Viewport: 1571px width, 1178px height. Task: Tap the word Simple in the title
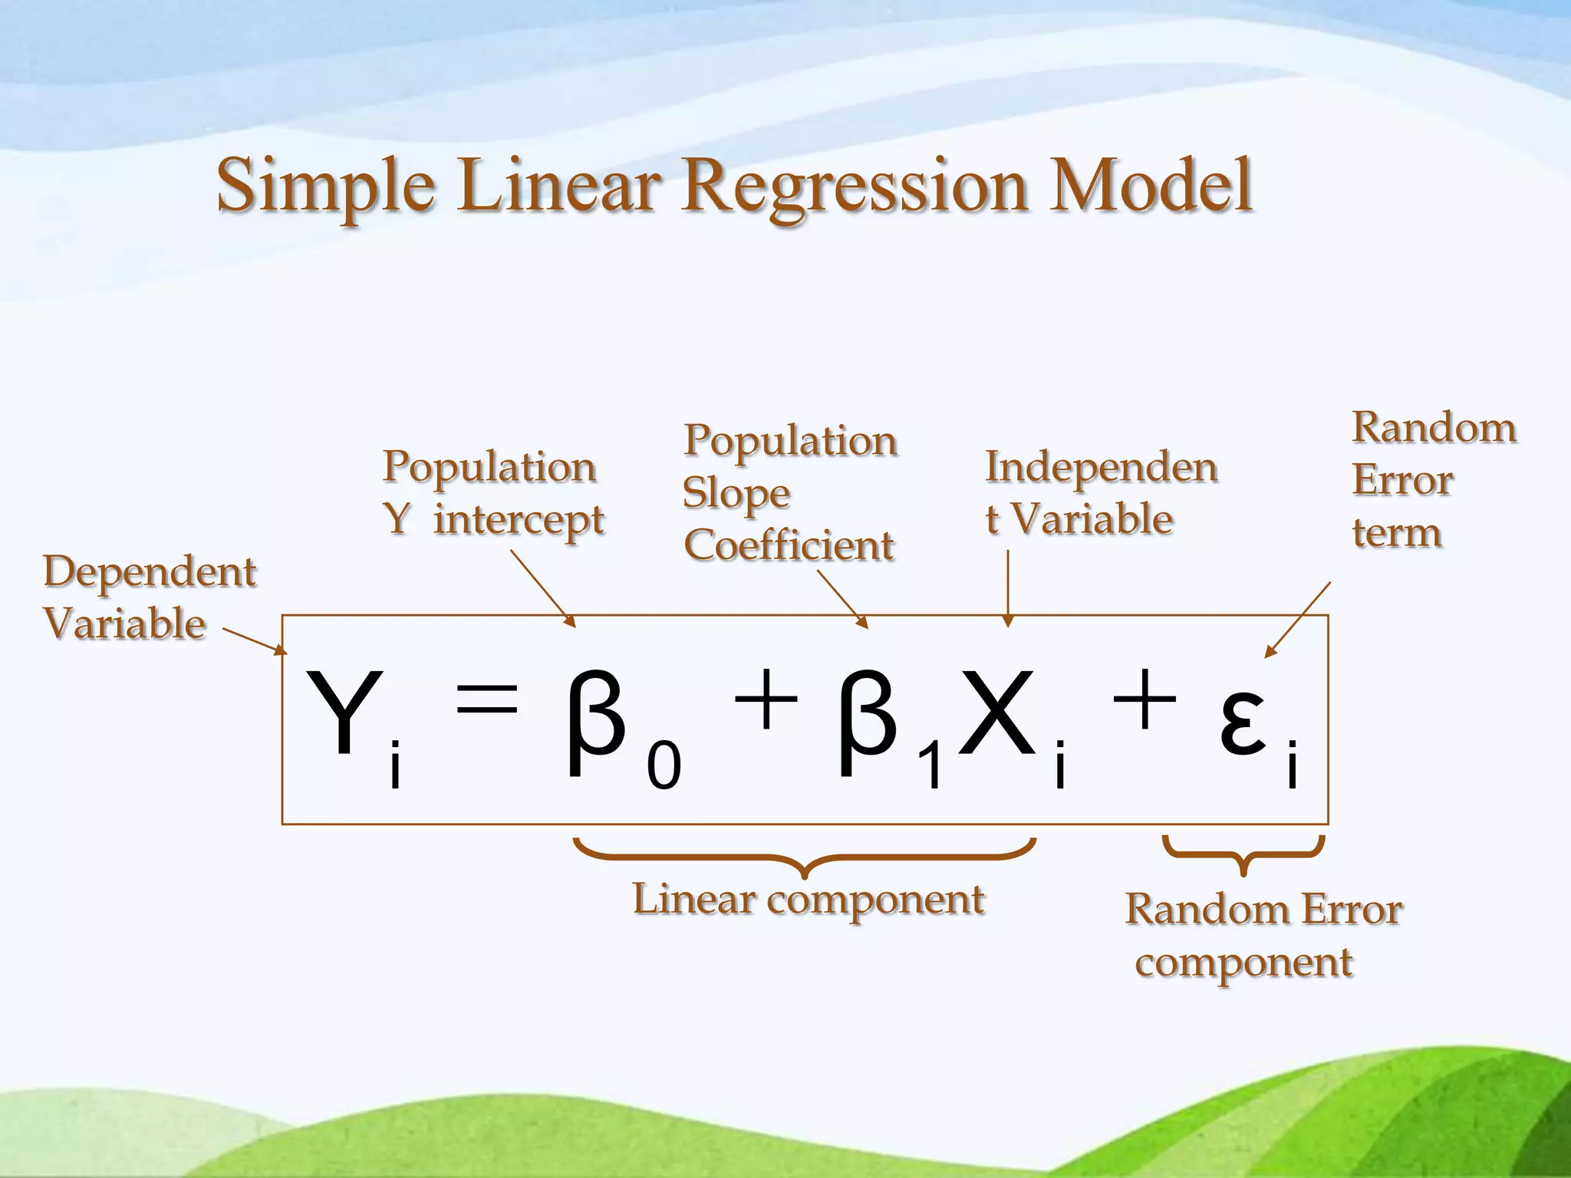pos(326,186)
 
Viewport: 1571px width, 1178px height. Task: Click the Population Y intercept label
pos(493,493)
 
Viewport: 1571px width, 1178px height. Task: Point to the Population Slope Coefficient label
pos(790,493)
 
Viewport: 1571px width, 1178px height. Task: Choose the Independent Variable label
pos(1101,493)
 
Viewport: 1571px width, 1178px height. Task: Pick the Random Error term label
pos(1433,480)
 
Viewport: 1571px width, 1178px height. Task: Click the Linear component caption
pos(808,900)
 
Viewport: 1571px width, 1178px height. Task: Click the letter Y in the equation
pos(343,713)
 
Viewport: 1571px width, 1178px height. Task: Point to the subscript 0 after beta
pos(664,767)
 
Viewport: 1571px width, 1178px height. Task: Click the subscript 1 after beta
pos(931,767)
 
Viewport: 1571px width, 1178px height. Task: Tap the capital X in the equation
pos(997,713)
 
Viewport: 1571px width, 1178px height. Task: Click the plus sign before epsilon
pos(1144,699)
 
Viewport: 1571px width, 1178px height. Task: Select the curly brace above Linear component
pos(805,857)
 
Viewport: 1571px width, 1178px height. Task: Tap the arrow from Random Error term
pos(1298,619)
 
